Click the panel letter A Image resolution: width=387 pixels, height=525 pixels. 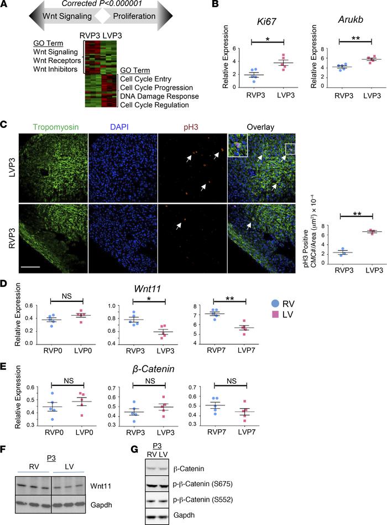point(5,6)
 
